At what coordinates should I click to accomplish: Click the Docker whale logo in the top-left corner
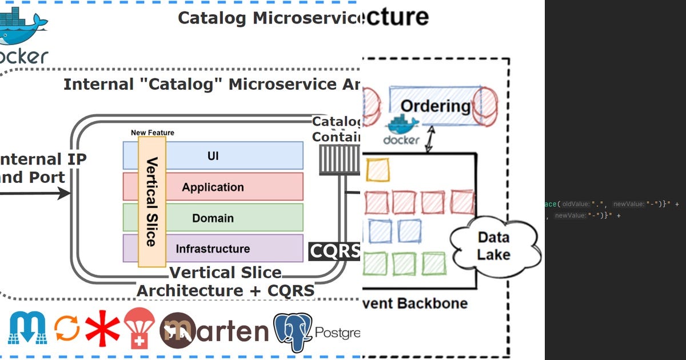point(23,26)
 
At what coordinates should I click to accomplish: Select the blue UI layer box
point(229,155)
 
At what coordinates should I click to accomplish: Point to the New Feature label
point(152,133)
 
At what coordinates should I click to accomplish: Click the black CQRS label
point(335,251)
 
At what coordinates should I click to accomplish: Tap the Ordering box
point(435,106)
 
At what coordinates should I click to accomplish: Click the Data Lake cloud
point(494,246)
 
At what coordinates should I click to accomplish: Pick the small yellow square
point(377,169)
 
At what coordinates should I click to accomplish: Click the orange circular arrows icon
point(66,329)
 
